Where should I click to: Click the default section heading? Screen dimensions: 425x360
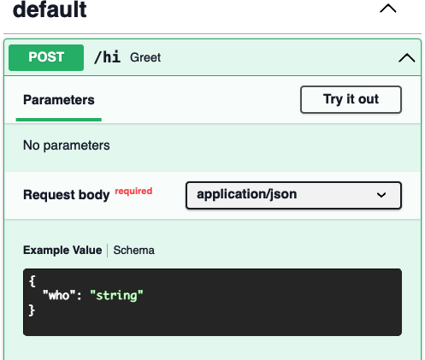pos(50,9)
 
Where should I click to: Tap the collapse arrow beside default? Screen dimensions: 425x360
pos(388,9)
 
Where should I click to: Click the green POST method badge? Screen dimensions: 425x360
pos(46,57)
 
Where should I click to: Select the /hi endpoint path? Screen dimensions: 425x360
pos(107,57)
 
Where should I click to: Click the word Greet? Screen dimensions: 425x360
pos(145,57)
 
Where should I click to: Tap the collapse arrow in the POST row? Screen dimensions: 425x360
pos(407,58)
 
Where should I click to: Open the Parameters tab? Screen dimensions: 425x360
pos(59,100)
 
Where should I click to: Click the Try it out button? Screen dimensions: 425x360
pos(351,99)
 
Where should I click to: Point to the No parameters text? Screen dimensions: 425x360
pos(67,145)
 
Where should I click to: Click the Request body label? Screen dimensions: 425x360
pos(67,195)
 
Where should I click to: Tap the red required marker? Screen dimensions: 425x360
pos(133,191)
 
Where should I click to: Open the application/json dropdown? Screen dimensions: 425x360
pos(293,195)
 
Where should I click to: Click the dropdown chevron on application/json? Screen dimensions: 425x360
pos(381,195)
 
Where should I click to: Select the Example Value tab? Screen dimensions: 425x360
pos(62,251)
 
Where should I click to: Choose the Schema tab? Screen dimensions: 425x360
pos(134,251)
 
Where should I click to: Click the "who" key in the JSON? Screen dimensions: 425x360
pos(59,295)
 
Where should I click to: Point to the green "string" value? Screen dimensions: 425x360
pos(116,295)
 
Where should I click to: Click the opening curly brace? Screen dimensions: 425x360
pos(32,281)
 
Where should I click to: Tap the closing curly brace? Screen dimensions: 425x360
pos(32,310)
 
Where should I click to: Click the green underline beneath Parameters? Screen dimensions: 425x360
pos(59,120)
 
